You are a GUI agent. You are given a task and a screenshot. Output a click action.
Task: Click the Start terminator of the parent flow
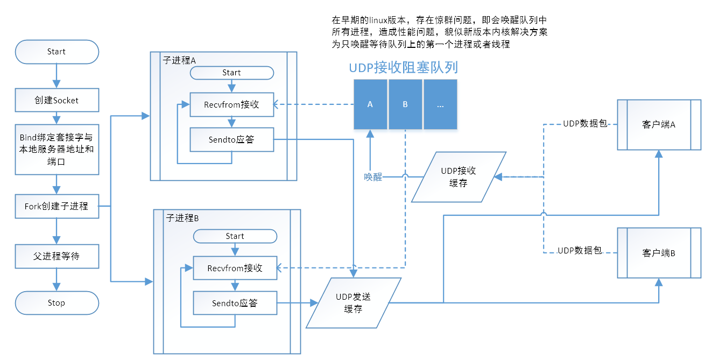pos(57,52)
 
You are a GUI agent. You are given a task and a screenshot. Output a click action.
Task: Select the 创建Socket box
pos(57,100)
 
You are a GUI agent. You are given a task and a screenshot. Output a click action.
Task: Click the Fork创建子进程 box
pos(57,206)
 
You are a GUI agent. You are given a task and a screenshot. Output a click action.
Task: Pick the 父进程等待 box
pos(57,256)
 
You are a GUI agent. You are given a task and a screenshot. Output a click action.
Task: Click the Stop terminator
pos(57,303)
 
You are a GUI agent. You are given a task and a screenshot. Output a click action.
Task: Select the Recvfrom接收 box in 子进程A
pos(231,104)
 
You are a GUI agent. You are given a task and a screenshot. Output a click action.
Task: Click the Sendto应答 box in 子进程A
pos(231,140)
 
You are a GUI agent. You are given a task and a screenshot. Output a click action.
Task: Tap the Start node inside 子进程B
pos(235,236)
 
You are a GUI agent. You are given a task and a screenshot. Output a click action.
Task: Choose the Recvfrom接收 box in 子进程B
pos(235,268)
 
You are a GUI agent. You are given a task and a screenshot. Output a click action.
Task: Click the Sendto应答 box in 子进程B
pos(235,303)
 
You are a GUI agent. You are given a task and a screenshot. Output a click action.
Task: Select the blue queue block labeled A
pos(370,105)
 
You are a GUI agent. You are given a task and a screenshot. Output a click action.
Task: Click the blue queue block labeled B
pos(405,105)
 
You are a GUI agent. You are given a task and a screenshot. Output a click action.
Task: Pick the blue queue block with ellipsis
pos(440,105)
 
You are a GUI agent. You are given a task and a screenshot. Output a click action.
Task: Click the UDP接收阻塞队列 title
pos(403,68)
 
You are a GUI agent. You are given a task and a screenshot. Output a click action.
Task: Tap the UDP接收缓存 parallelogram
pos(459,177)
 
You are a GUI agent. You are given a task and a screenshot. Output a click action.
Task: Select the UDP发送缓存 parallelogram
pos(354,303)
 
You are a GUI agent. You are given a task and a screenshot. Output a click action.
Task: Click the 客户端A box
pos(659,124)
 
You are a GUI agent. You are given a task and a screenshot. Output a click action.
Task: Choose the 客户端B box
pos(659,252)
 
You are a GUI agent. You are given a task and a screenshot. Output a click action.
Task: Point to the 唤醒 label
pos(372,177)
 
